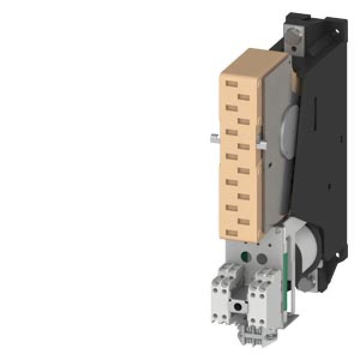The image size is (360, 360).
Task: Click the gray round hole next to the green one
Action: point(262,259)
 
